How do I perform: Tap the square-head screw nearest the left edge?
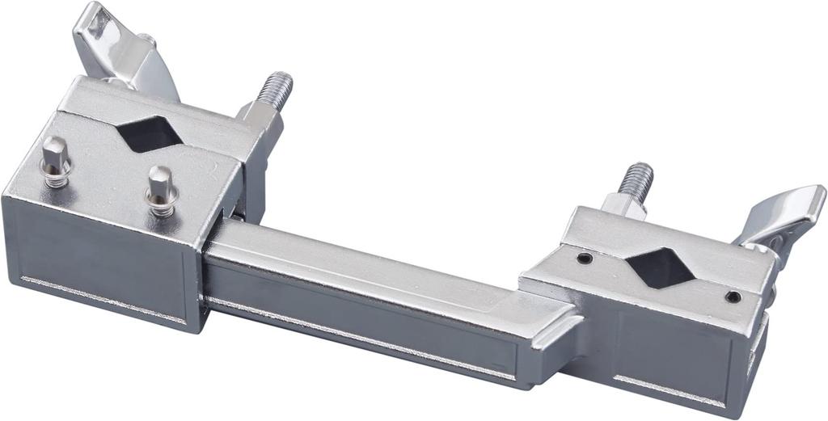[54, 154]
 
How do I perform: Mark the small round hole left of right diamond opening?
[584, 259]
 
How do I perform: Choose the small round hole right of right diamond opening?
[733, 297]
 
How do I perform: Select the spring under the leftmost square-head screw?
[56, 175]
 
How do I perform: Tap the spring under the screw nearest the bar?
[162, 205]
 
